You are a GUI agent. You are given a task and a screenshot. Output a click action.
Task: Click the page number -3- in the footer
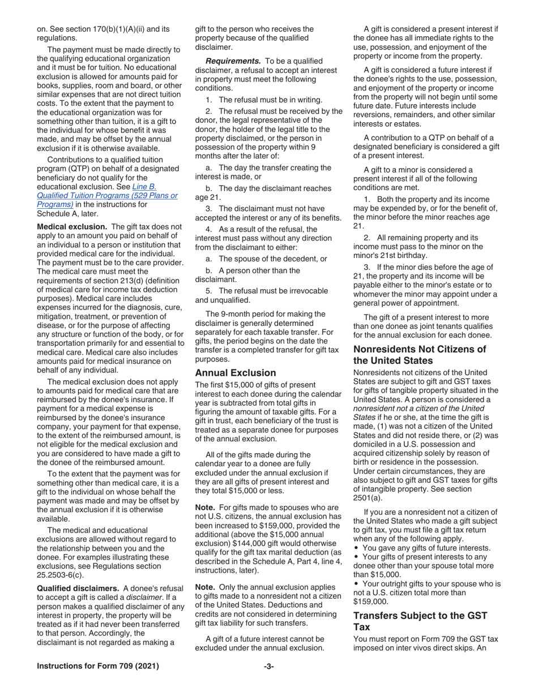[x=269, y=666]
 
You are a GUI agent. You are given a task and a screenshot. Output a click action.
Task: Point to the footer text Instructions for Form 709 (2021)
[x=98, y=666]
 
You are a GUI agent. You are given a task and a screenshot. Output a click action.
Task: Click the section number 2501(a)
[x=368, y=498]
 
